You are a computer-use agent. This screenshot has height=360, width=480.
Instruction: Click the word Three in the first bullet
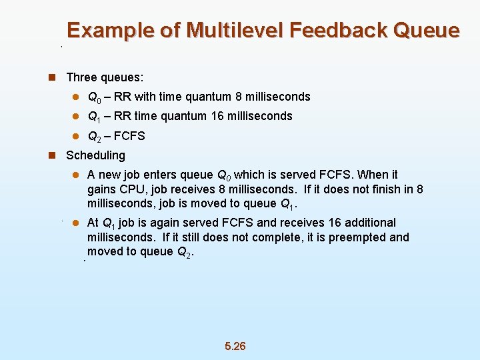(x=81, y=77)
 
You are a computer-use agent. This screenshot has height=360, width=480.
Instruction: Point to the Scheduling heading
(x=95, y=155)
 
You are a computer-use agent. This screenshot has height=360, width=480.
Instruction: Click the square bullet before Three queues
(x=52, y=77)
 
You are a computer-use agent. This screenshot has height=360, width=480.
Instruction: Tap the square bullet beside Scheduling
(x=52, y=155)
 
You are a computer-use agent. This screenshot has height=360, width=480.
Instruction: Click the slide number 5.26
(x=235, y=346)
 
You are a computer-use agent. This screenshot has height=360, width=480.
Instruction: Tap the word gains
(x=101, y=189)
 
